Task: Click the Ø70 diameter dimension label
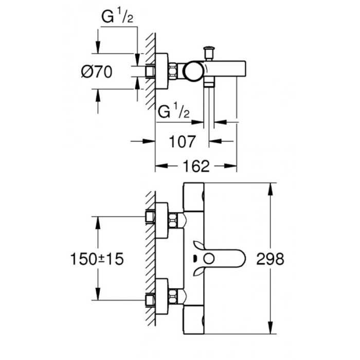pyautogui.click(x=97, y=73)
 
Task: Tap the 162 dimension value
pyautogui.click(x=196, y=166)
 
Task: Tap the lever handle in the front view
pyautogui.click(x=221, y=258)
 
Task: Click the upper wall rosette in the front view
pyautogui.click(x=162, y=220)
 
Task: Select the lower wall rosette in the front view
pyautogui.click(x=162, y=297)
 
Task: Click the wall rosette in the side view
pyautogui.click(x=162, y=71)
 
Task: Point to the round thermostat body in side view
pyautogui.click(x=194, y=71)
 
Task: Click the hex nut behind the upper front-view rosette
pyautogui.click(x=175, y=220)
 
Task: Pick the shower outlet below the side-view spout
pyautogui.click(x=209, y=84)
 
